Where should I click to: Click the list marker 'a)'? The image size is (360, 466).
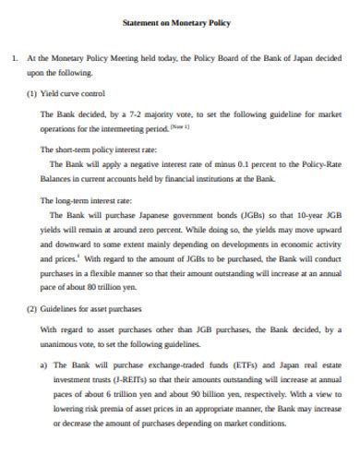coord(45,366)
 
